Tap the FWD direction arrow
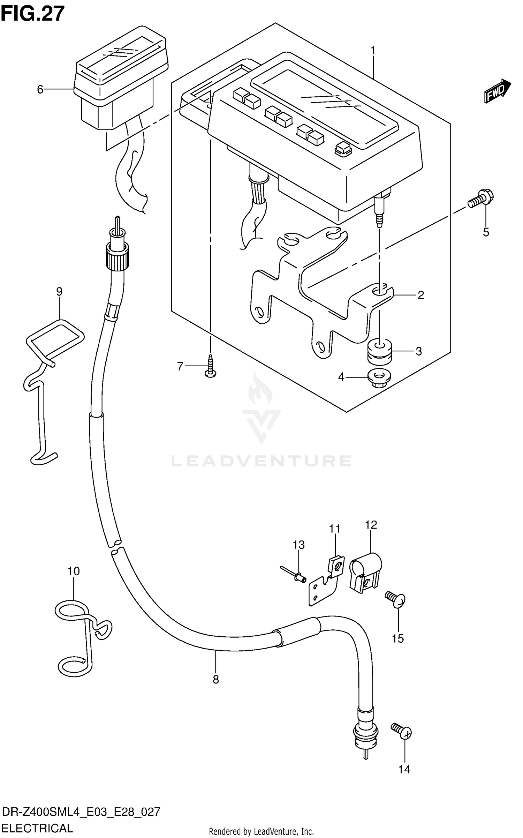pyautogui.click(x=497, y=91)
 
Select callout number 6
pyautogui.click(x=40, y=90)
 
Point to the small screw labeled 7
pyautogui.click(x=211, y=366)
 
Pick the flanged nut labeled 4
pyautogui.click(x=379, y=378)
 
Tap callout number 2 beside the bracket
pyautogui.click(x=420, y=295)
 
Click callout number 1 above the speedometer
pyautogui.click(x=373, y=51)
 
